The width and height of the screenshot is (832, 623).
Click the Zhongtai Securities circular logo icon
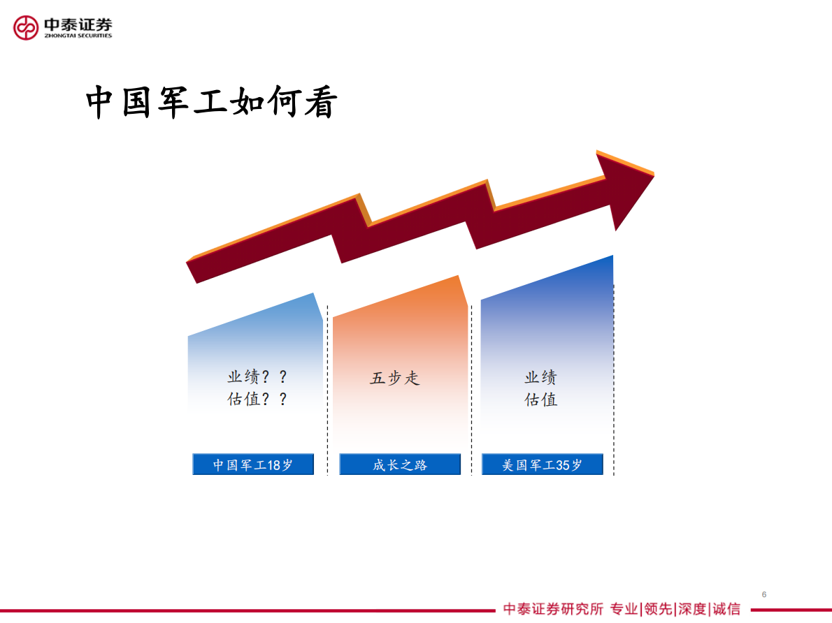(27, 27)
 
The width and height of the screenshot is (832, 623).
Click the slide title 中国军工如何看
(212, 103)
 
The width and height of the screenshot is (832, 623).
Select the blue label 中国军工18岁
(253, 464)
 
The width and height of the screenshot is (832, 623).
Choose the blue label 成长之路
(400, 464)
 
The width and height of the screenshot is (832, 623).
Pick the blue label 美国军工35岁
(542, 464)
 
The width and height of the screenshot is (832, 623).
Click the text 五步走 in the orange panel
(395, 379)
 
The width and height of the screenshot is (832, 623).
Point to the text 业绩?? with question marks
(257, 377)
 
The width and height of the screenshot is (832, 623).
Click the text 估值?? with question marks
(257, 400)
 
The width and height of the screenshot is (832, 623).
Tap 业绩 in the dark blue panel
(541, 377)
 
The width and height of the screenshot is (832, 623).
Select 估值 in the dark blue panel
(541, 400)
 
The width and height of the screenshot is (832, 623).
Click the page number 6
(764, 594)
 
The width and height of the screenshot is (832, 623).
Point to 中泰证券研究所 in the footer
(553, 609)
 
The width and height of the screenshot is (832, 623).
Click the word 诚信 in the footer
(726, 609)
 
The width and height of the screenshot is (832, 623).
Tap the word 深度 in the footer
(692, 609)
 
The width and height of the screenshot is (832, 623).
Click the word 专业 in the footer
(624, 609)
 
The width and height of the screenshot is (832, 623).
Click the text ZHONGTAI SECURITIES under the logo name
(78, 36)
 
